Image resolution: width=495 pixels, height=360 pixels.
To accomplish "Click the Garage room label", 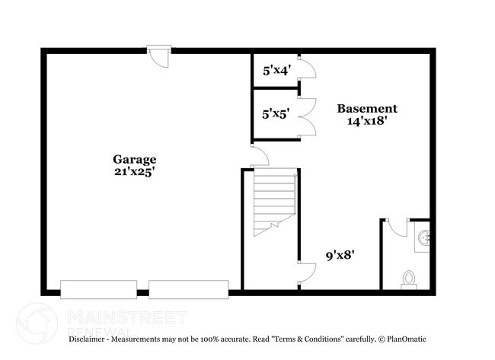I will pyautogui.click(x=135, y=159).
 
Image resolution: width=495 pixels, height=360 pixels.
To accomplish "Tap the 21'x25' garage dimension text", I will pyautogui.click(x=135, y=171).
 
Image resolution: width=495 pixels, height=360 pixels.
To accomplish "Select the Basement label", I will pyautogui.click(x=367, y=108).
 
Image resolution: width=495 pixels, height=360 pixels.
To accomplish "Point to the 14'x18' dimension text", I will pyautogui.click(x=367, y=120).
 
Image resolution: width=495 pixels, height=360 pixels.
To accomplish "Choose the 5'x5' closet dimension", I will pyautogui.click(x=274, y=115).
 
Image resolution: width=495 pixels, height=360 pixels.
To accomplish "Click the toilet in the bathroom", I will pyautogui.click(x=410, y=279).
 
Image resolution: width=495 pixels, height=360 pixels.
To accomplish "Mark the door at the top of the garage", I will pyautogui.click(x=158, y=56).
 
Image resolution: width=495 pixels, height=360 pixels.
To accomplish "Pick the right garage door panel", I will pyautogui.click(x=188, y=289).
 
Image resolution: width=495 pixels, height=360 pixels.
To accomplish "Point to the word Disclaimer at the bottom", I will pyautogui.click(x=91, y=338).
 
